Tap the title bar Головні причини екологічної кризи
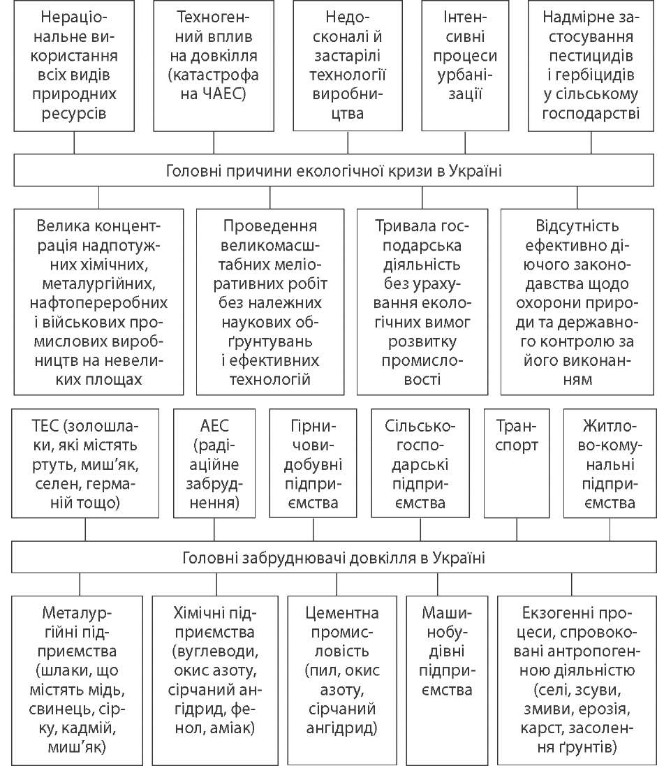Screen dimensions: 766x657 (334, 170)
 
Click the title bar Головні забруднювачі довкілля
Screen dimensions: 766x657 (334, 558)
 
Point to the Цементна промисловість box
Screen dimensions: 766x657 (342, 671)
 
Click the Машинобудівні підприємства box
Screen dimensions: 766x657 (447, 671)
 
